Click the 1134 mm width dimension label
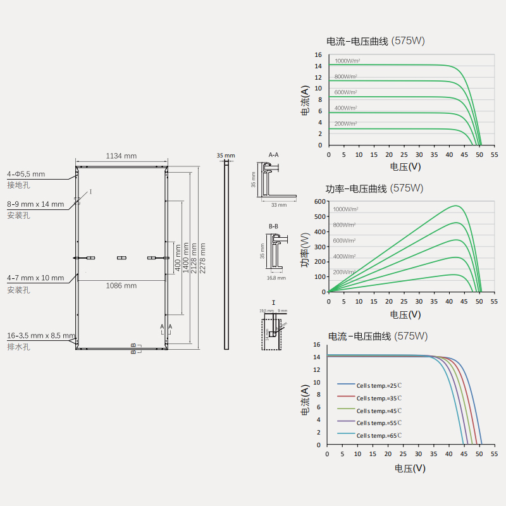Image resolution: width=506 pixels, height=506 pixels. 121,156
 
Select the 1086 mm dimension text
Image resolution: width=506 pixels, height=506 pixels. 121,286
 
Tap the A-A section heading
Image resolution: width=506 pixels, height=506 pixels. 273,154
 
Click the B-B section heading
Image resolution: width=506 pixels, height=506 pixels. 273,226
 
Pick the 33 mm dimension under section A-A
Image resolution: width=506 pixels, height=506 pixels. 279,205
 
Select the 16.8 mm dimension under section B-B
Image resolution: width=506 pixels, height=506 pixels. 274,277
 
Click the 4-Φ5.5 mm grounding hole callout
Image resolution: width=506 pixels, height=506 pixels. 26,173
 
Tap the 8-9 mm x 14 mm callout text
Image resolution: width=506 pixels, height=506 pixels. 35,204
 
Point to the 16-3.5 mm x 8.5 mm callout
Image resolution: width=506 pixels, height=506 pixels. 40,336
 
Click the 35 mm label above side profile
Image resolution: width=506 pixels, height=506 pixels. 225,155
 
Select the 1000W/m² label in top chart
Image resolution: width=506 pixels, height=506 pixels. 347,61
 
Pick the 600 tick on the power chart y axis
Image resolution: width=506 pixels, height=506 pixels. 319,201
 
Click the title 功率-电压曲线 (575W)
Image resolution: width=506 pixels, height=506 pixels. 374,188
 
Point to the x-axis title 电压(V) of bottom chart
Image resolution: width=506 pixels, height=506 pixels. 410,468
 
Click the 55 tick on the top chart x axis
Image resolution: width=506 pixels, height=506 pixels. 494,154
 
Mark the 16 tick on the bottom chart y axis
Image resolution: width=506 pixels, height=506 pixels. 318,345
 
